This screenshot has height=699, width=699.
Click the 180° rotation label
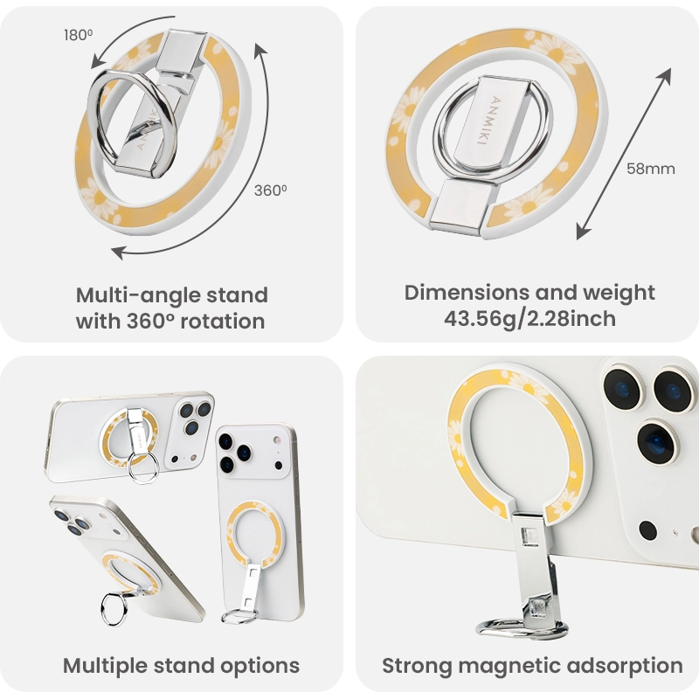(78, 35)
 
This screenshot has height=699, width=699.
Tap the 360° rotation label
(270, 190)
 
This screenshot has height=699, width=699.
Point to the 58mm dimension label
(650, 169)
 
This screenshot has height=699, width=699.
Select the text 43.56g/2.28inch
(529, 319)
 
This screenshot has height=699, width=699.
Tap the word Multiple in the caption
(105, 666)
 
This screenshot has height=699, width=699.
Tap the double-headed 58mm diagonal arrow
(624, 154)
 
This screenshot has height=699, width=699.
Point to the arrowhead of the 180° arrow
(97, 62)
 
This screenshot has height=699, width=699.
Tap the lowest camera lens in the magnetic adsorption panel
(658, 442)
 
